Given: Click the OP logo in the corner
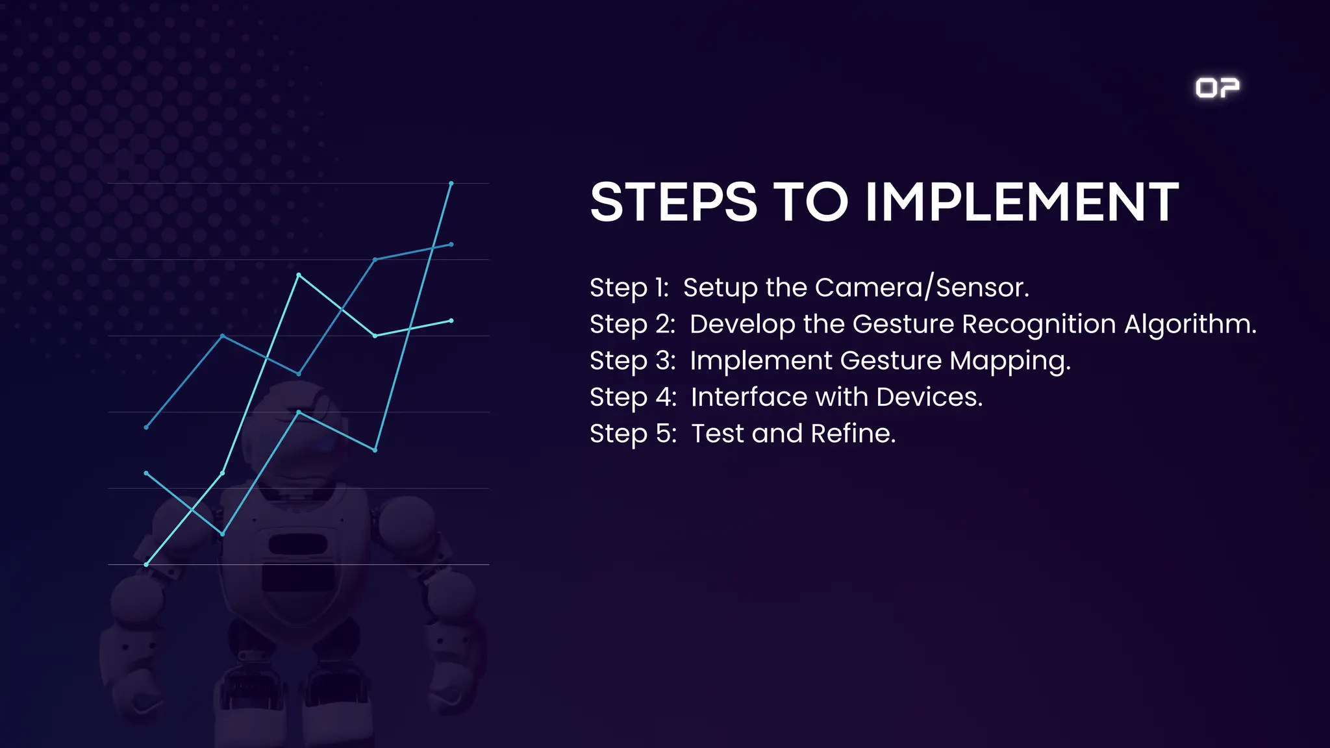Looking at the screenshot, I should point(1217,88).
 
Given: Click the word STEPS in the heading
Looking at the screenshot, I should point(673,202).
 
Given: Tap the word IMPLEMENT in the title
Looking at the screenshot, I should point(1022,202).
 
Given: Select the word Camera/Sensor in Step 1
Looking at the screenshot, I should point(922,288).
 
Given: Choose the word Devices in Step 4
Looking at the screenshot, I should point(929,397).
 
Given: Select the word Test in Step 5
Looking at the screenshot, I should point(718,433).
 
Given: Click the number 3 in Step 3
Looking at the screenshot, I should point(664,361).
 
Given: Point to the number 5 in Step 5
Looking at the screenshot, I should point(665,434).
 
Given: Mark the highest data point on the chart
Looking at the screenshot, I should point(451,184).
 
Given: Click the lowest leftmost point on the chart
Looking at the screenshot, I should point(146,564).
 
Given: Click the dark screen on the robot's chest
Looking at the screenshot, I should point(297,575).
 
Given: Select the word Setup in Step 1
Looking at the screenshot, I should point(720,288).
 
